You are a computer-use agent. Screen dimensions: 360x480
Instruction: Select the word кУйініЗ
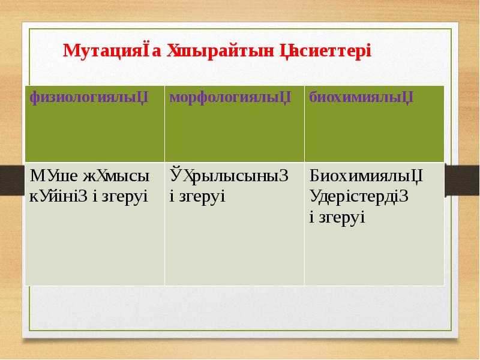pos(59,196)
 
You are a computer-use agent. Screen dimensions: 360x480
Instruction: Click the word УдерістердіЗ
pos(359,196)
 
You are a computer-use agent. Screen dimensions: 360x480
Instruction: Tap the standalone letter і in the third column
pos(311,217)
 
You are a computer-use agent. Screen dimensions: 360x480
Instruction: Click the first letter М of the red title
pos(69,50)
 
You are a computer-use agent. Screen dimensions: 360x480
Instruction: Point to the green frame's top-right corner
pos(451,28)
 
